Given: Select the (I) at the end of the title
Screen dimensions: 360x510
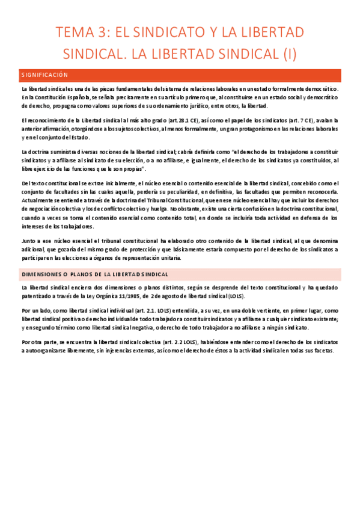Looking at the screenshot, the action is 290,55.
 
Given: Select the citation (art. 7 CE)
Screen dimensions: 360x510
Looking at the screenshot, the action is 309,120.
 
